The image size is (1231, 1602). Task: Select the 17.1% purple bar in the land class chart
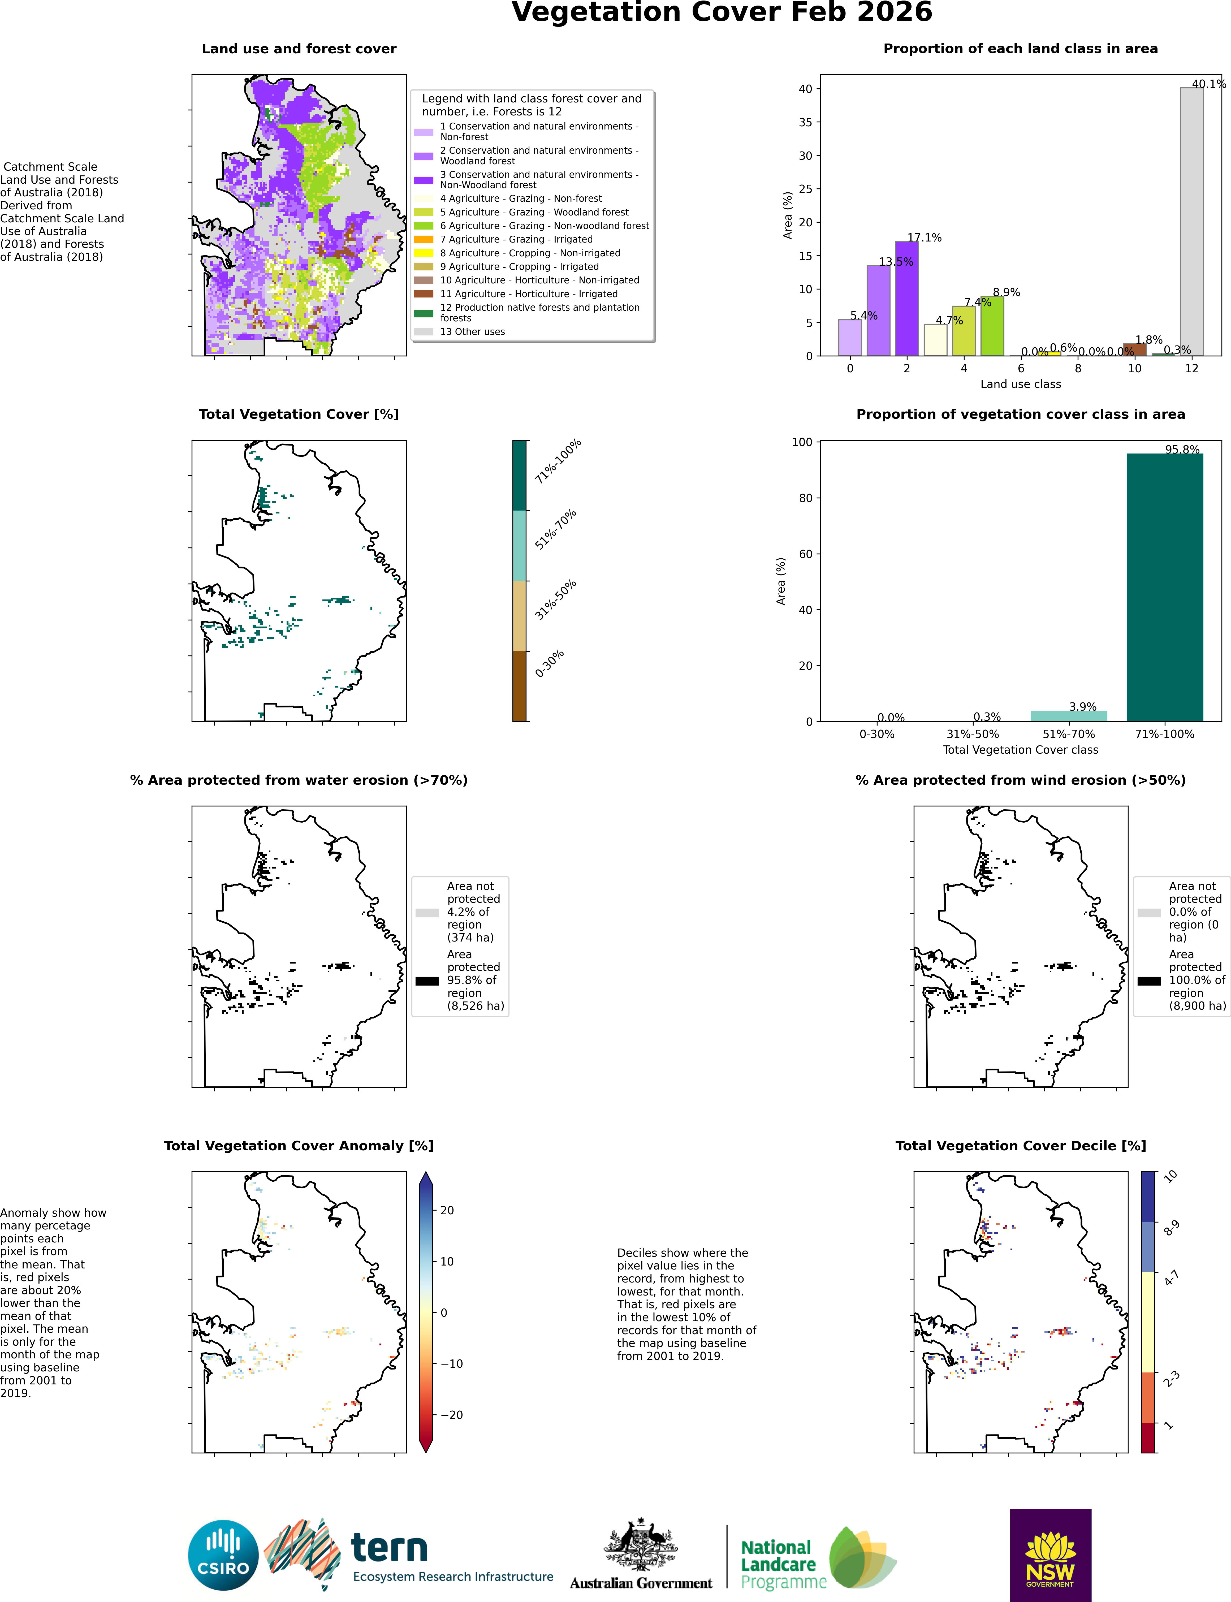click(x=906, y=298)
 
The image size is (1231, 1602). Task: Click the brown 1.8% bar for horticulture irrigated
click(x=1134, y=349)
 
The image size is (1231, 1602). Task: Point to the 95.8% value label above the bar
click(x=1183, y=449)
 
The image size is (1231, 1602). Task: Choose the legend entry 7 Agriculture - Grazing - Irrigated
click(x=517, y=239)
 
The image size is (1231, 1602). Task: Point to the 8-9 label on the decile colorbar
click(x=1172, y=1228)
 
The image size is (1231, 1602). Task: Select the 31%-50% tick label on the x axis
click(x=972, y=733)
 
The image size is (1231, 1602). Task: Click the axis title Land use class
click(x=1021, y=384)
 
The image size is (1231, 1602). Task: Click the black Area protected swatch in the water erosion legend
click(x=427, y=981)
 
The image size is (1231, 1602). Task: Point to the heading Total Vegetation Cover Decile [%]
click(x=1021, y=1145)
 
